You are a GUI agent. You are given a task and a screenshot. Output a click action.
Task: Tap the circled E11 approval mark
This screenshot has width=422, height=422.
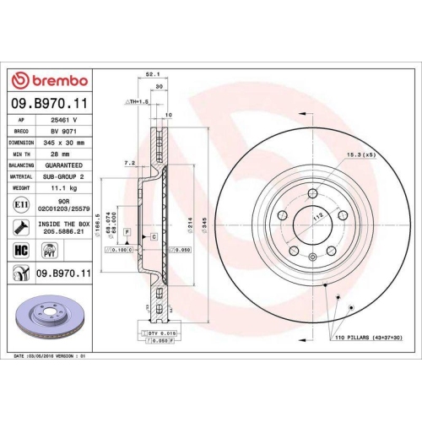pos(19,204)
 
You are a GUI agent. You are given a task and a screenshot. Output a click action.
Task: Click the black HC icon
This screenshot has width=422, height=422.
pos(20,250)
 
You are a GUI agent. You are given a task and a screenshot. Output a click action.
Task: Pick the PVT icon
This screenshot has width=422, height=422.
pos(49,250)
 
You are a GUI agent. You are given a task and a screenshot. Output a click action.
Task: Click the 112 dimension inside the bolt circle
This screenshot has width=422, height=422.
pos(319,215)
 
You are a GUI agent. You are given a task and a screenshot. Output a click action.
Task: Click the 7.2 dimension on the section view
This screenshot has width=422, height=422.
pos(129,161)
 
